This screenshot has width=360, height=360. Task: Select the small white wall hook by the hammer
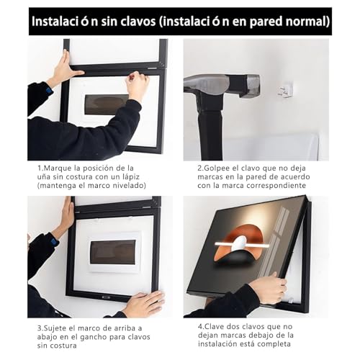pyautogui.click(x=286, y=90)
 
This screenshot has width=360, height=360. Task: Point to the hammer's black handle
pyautogui.click(x=210, y=130)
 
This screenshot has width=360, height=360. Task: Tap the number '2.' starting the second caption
pyautogui.click(x=201, y=168)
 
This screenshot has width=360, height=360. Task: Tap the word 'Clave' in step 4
pyautogui.click(x=214, y=327)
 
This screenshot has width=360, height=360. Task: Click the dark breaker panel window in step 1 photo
pyautogui.click(x=107, y=104)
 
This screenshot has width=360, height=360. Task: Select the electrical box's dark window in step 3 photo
pyautogui.click(x=113, y=252)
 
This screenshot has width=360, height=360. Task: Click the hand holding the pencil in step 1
pyautogui.click(x=138, y=85)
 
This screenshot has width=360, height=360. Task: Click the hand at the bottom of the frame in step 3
pyautogui.click(x=144, y=304)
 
